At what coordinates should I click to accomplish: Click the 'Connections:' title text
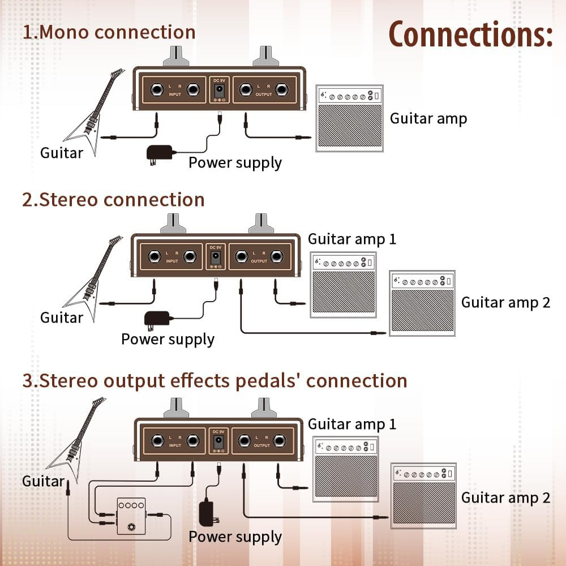click(x=470, y=35)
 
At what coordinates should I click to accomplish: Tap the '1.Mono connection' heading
click(x=109, y=32)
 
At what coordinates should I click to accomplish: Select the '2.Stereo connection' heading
click(x=113, y=200)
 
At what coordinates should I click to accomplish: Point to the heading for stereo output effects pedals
click(x=215, y=380)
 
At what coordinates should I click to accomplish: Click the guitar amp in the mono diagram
click(x=349, y=119)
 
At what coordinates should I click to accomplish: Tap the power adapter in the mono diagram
click(x=160, y=153)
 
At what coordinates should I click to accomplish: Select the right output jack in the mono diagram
click(x=281, y=89)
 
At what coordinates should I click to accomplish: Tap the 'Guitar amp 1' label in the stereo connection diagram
click(x=351, y=239)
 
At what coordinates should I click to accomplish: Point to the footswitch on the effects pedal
click(x=131, y=528)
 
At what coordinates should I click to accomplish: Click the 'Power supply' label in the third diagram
click(x=235, y=537)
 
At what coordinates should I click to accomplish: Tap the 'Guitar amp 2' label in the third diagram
click(x=505, y=498)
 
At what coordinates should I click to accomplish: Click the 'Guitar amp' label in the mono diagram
click(x=428, y=118)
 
